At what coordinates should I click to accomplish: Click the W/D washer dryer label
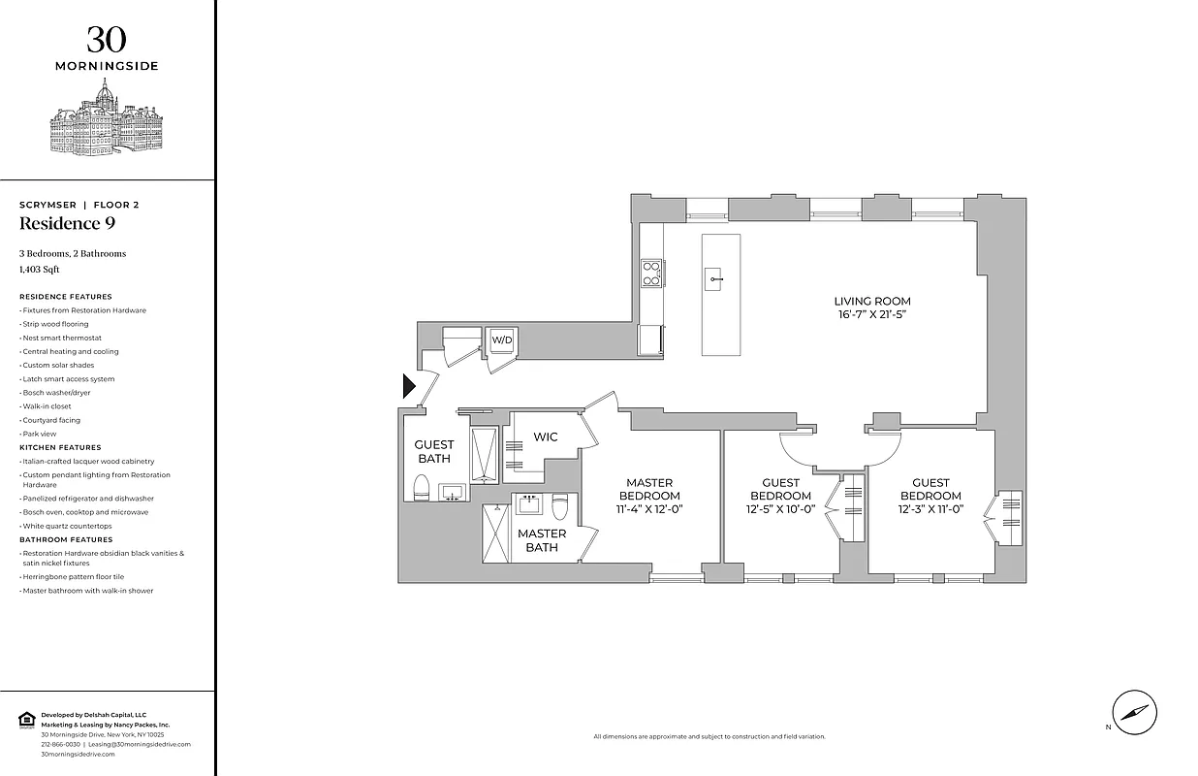click(501, 340)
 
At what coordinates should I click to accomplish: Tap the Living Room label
click(873, 301)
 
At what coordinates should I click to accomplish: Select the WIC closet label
click(545, 437)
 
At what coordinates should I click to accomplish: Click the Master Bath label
click(541, 540)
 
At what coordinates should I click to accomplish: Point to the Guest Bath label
click(434, 451)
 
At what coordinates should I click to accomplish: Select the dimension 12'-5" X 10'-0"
click(780, 509)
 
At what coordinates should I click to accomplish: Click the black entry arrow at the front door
click(409, 387)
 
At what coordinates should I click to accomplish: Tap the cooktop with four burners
click(650, 274)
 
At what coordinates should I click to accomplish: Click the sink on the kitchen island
click(715, 279)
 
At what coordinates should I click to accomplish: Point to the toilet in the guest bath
click(422, 487)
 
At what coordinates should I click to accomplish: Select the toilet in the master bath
click(560, 507)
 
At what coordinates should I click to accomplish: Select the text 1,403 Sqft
click(40, 270)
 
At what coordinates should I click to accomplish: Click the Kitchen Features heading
click(60, 447)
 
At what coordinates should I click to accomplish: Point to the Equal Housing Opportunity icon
click(26, 719)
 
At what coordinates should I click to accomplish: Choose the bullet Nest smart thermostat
click(61, 338)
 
